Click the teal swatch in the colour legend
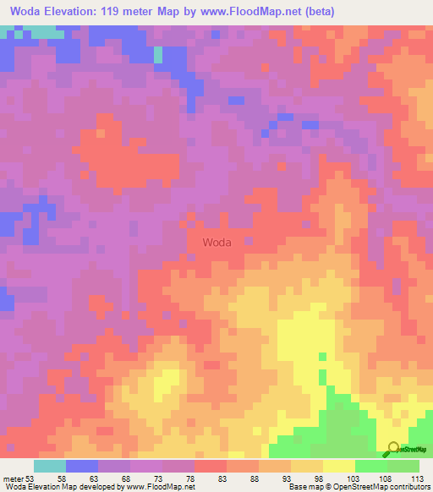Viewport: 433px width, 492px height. click(x=50, y=466)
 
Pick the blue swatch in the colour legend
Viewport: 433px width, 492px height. click(x=82, y=466)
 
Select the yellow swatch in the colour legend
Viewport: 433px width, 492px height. click(x=338, y=466)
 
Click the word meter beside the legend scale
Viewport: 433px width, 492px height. click(x=14, y=478)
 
